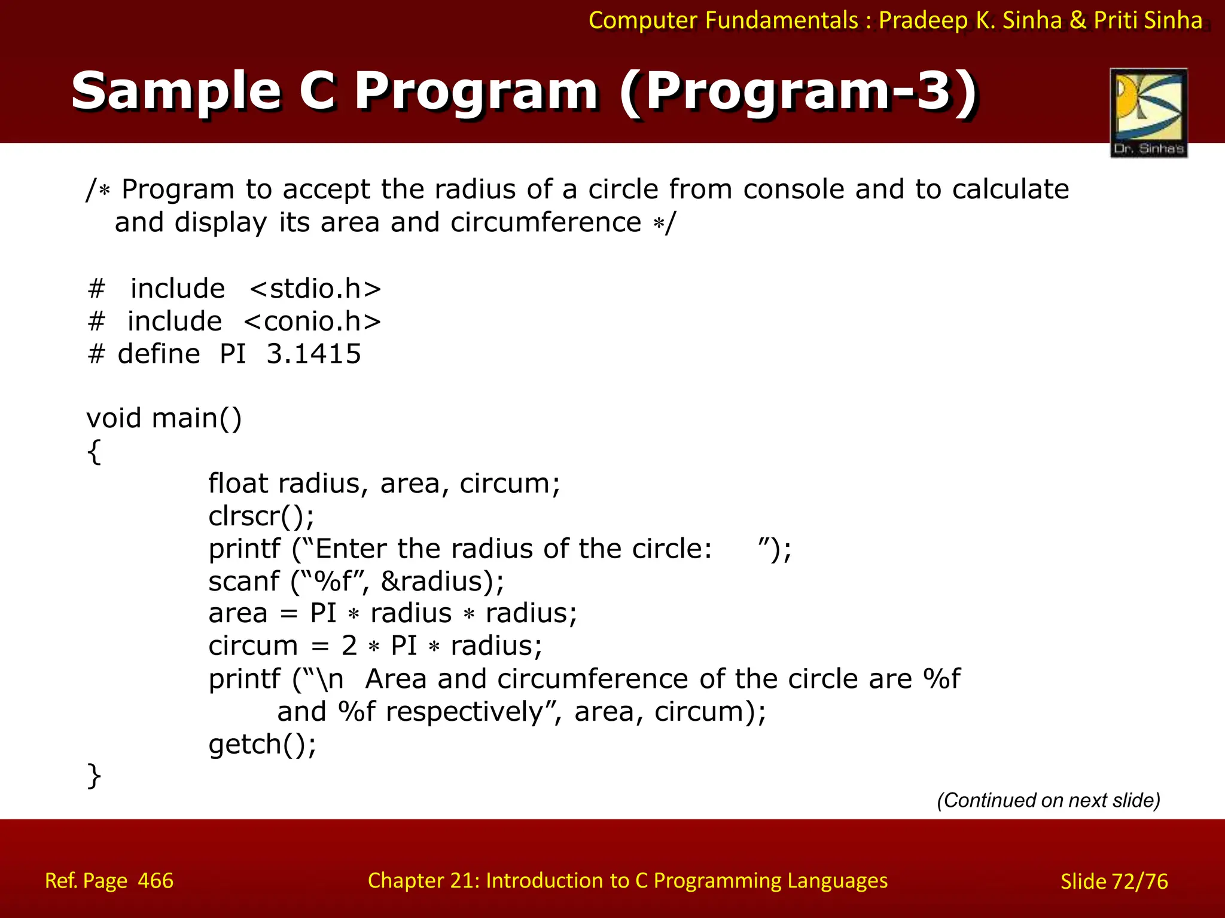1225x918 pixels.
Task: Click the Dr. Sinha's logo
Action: pyautogui.click(x=1148, y=112)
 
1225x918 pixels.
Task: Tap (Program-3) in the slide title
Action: pyautogui.click(x=798, y=91)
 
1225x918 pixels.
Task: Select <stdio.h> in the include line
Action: pyautogui.click(x=315, y=289)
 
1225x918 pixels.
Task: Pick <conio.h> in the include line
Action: pyautogui.click(x=312, y=322)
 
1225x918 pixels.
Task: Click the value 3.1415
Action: pyautogui.click(x=313, y=354)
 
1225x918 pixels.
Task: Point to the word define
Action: pyautogui.click(x=159, y=354)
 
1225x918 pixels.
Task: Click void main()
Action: pyautogui.click(x=164, y=418)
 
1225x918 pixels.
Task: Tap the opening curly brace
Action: pyautogui.click(x=94, y=451)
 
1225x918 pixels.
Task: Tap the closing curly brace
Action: pyautogui.click(x=94, y=776)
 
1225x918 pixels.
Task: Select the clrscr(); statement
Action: pyautogui.click(x=261, y=516)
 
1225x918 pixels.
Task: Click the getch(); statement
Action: pyautogui.click(x=262, y=745)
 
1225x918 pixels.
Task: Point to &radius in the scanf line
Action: pyautogui.click(x=435, y=582)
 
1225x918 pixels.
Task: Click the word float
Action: pyautogui.click(x=238, y=483)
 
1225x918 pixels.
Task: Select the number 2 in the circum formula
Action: pyautogui.click(x=349, y=646)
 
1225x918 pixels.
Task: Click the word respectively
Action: pyautogui.click(x=464, y=712)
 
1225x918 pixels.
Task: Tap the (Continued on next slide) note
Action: pyautogui.click(x=1048, y=800)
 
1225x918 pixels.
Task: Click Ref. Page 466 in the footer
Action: pyautogui.click(x=109, y=881)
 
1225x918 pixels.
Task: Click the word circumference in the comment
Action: pyautogui.click(x=546, y=222)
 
